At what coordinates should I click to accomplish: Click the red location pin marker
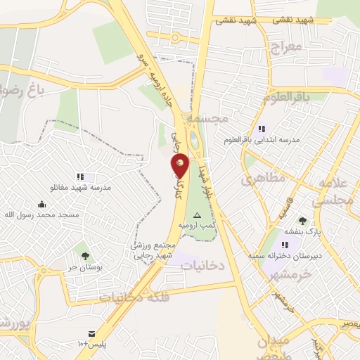tap(181, 165)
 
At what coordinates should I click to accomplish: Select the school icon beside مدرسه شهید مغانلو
tap(81, 176)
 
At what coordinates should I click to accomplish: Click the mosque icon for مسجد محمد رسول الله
tap(41, 204)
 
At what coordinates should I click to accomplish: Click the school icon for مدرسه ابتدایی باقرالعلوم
tap(262, 129)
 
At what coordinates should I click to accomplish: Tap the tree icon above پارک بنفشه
tap(303, 221)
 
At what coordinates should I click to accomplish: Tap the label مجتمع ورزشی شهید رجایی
tap(151, 250)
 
